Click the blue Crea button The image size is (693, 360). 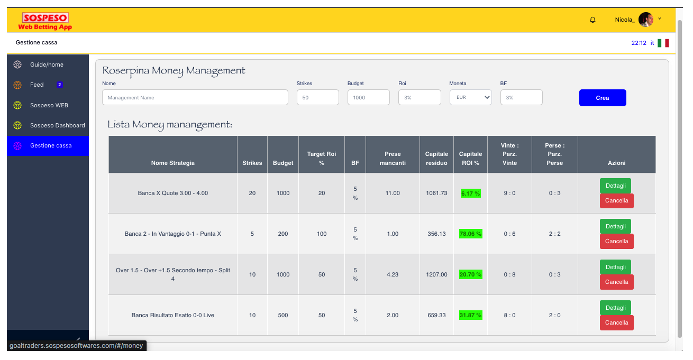pos(603,98)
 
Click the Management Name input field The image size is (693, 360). pos(195,98)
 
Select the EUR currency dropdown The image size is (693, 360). pos(470,98)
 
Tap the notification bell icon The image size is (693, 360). pos(592,20)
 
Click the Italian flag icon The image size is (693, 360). pos(663,43)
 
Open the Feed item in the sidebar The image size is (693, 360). pos(37,85)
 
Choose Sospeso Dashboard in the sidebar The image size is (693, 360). pos(57,125)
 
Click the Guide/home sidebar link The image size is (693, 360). pos(47,64)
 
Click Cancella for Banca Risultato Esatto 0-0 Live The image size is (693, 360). pos(616,322)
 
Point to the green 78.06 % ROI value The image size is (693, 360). pos(470,234)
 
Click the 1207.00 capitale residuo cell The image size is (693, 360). pos(436,274)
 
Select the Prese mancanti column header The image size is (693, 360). pos(393,159)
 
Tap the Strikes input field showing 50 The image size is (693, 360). pos(317,98)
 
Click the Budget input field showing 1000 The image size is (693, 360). pos(368,98)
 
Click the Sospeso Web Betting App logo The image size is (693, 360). pos(45,22)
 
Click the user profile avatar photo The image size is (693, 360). pos(645,20)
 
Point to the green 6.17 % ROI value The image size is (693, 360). pos(470,193)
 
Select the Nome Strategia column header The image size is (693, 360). pos(173,163)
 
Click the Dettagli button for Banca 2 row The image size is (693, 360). pos(615,226)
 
